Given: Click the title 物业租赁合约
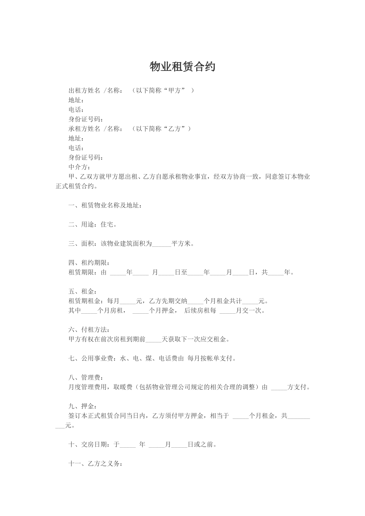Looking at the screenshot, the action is click(182, 67).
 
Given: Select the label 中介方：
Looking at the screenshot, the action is click(79, 167).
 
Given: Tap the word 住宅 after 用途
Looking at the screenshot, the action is click(107, 225).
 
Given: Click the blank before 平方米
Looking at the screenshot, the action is click(161, 244).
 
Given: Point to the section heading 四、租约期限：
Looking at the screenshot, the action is click(89, 263).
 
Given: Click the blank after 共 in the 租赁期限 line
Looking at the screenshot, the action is click(276, 273).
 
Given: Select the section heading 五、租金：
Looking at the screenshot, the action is click(83, 292).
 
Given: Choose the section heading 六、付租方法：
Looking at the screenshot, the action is click(89, 330).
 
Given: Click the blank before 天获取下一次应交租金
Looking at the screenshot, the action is click(153, 340).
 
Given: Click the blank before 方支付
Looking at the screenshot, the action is click(279, 388).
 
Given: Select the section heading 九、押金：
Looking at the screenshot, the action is click(83, 407).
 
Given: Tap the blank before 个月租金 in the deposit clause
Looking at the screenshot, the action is click(240, 416).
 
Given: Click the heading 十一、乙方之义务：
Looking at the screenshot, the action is click(96, 464).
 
